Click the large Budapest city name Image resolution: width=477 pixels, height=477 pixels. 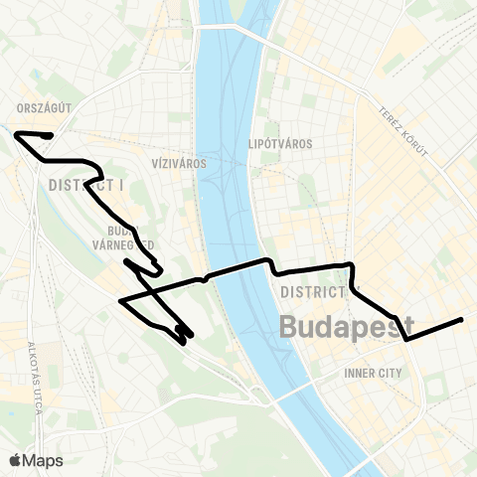click(347, 326)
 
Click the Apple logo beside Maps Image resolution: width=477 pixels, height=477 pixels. click(16, 460)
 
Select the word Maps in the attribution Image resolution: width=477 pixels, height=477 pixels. click(44, 460)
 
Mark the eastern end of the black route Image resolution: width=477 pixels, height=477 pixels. click(462, 319)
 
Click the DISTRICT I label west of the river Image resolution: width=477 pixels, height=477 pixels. click(83, 185)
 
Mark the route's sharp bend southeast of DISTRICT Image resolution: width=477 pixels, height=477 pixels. click(406, 339)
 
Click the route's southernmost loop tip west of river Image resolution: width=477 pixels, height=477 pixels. click(185, 342)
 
